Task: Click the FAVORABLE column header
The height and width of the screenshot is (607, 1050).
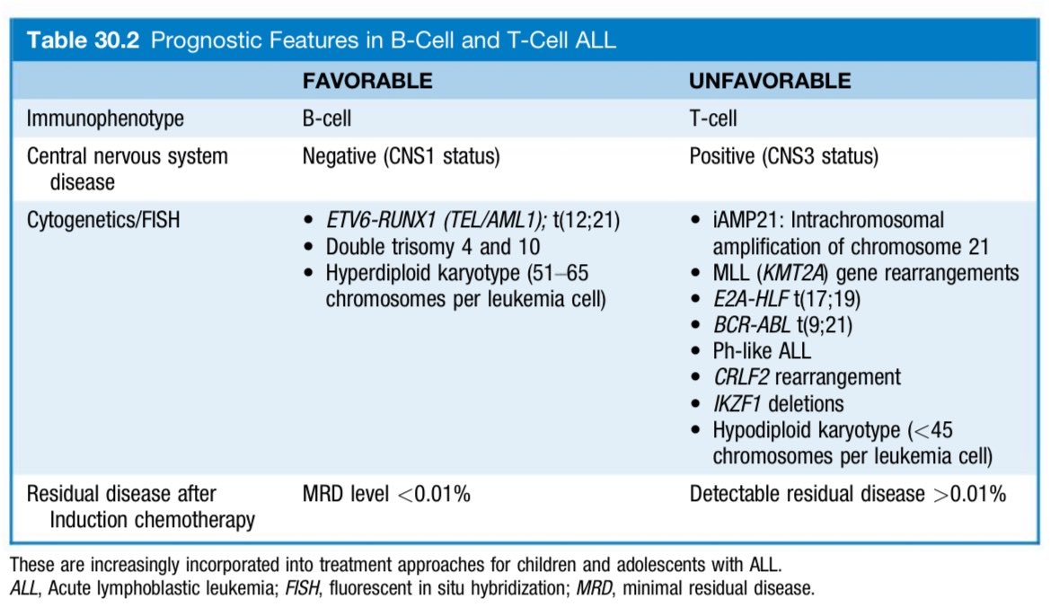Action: tap(366, 81)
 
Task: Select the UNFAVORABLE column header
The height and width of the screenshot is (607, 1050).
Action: tap(770, 81)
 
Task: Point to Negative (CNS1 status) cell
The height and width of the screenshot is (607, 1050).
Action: tap(401, 156)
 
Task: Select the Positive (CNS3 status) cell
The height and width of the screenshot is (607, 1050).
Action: tap(784, 156)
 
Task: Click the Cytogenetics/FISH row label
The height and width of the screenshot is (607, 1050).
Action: tap(103, 220)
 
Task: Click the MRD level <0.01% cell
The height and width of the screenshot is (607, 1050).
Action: tap(386, 495)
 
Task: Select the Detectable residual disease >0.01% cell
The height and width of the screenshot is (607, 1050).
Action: tap(847, 495)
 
